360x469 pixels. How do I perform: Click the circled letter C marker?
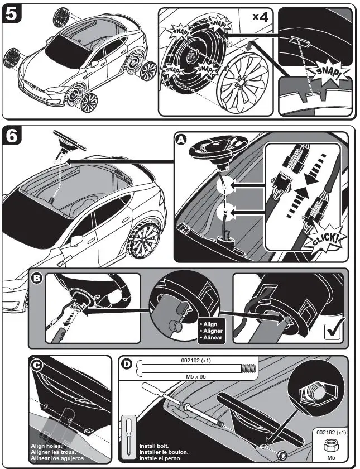[x=36, y=365]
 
